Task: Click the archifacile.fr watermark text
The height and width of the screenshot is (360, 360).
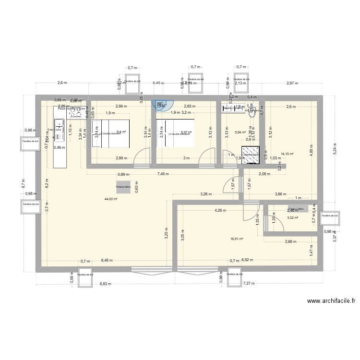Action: pos(331,301)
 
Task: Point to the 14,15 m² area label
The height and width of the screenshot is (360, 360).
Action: pos(287,154)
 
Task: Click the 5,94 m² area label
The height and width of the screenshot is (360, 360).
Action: pos(240,132)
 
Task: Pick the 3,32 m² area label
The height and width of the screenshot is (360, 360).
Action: pos(292,218)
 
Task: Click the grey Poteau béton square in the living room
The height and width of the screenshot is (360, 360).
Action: pos(123,187)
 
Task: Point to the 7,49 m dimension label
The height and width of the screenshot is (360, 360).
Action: pos(163,174)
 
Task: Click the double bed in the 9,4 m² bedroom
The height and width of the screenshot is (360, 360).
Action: pos(110,133)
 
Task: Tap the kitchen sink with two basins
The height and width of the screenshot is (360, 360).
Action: pos(58,130)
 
